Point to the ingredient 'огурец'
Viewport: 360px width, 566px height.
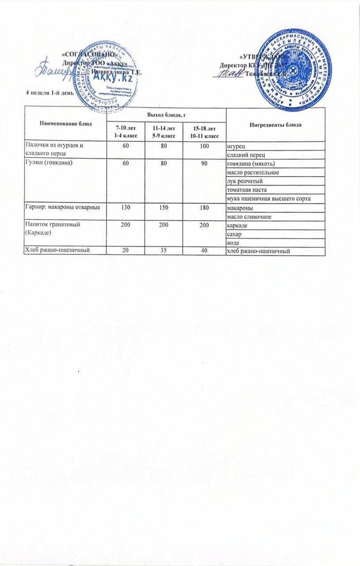234,145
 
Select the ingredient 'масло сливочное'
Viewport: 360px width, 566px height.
246,216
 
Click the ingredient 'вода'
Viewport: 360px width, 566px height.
232,243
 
